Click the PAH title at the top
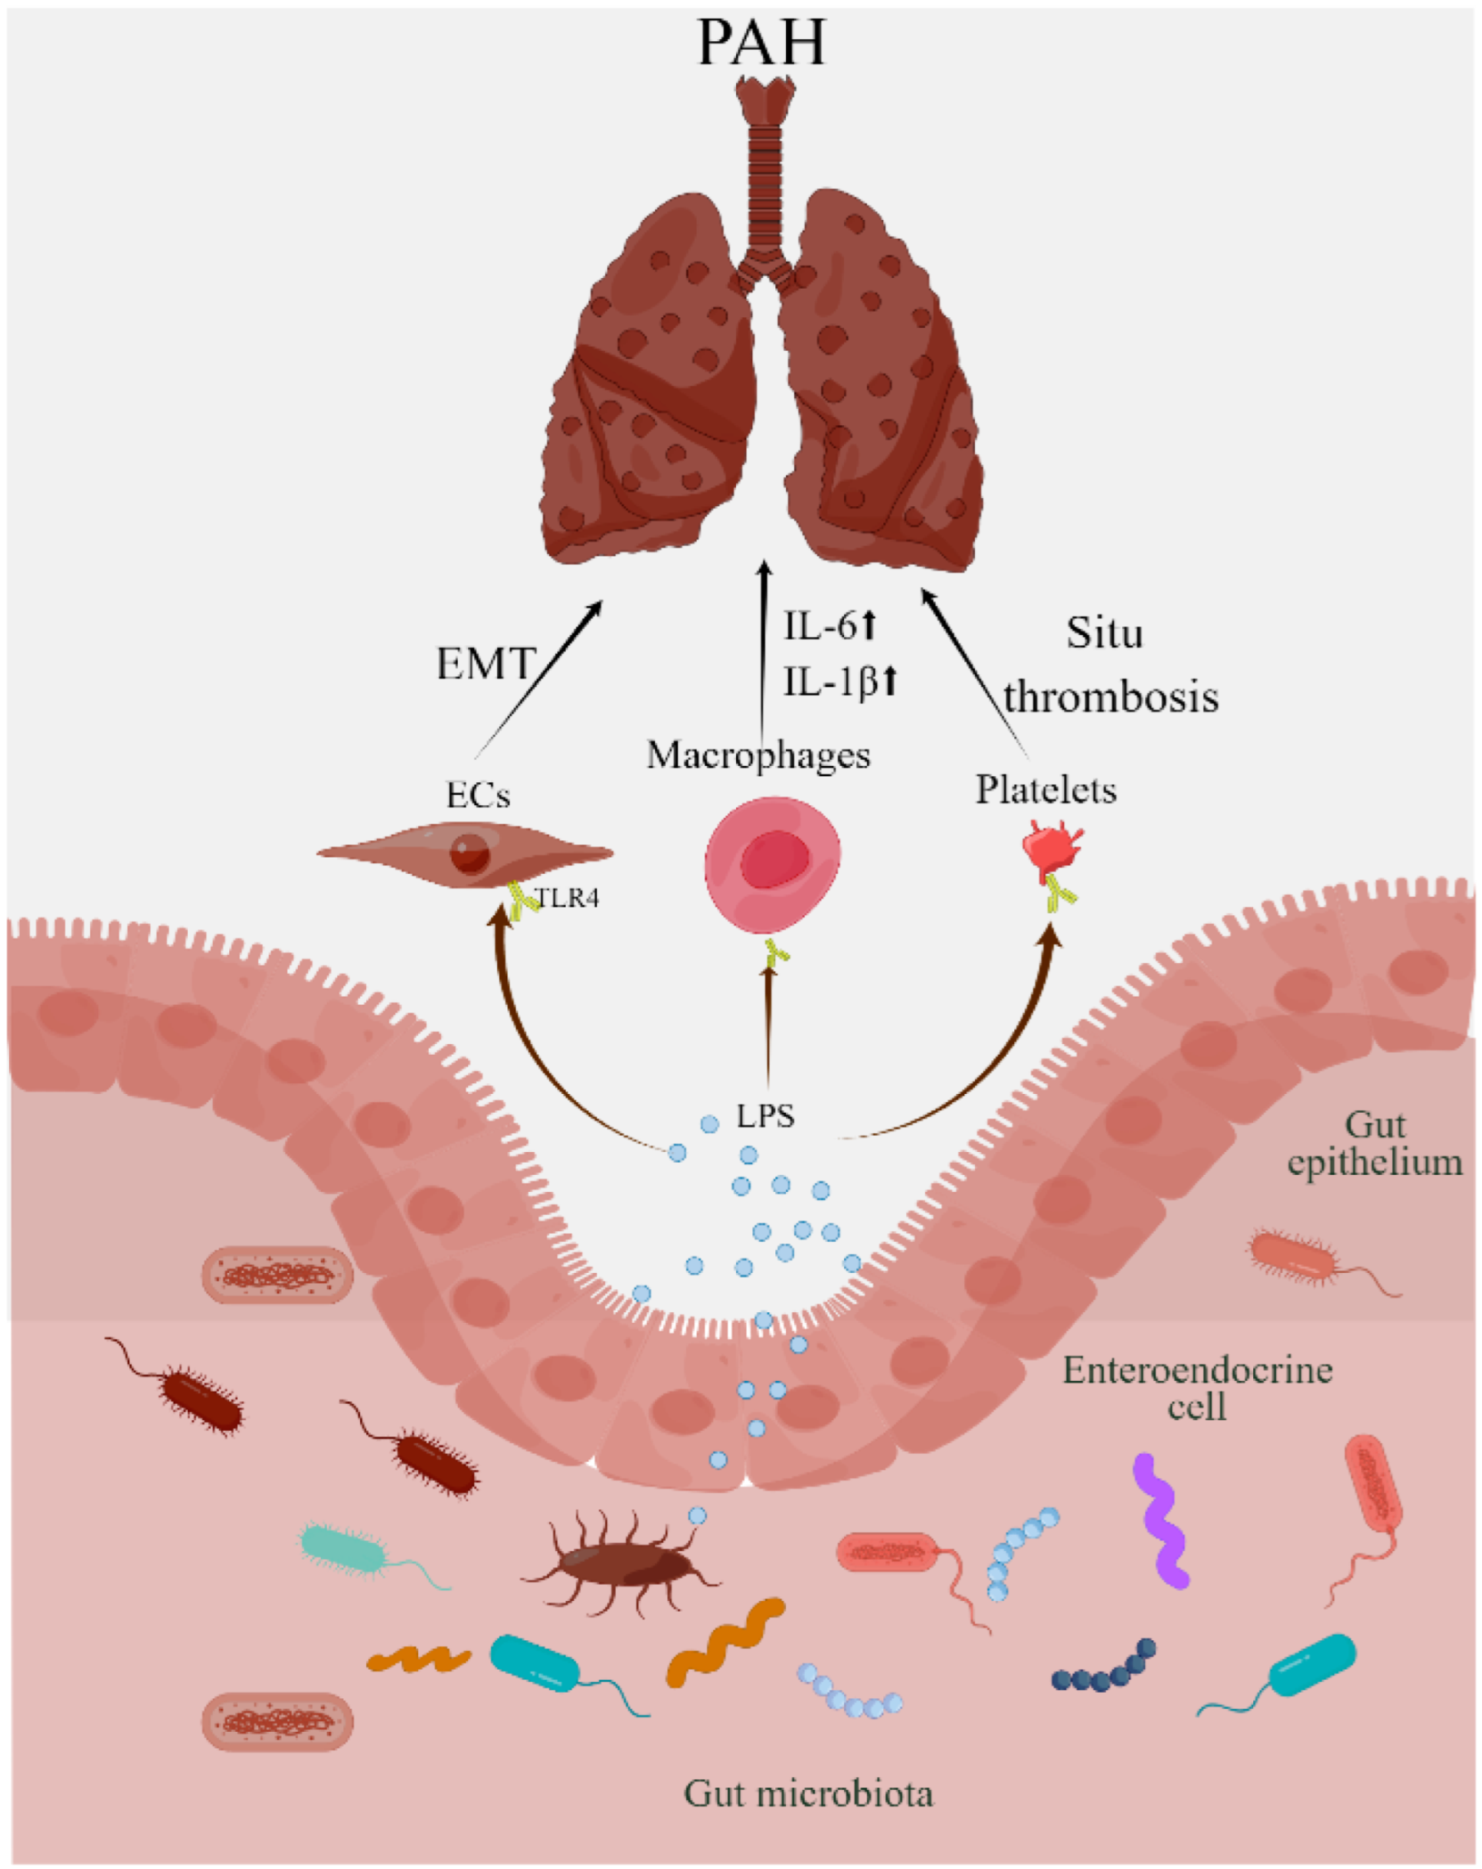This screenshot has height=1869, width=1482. pyautogui.click(x=761, y=43)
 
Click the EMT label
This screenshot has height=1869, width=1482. pyautogui.click(x=484, y=664)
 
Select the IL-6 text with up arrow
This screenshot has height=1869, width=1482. pyautogui.click(x=829, y=626)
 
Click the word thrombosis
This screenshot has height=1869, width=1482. pyautogui.click(x=1110, y=697)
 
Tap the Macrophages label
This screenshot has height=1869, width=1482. pyautogui.click(x=758, y=755)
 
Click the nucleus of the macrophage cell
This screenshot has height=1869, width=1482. pyautogui.click(x=774, y=859)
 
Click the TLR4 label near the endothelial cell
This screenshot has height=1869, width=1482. pyautogui.click(x=567, y=899)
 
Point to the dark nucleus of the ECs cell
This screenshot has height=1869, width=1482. pyautogui.click(x=471, y=853)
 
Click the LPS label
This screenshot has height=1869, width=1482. pyautogui.click(x=765, y=1116)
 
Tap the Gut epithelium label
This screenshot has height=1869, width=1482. pyautogui.click(x=1374, y=1144)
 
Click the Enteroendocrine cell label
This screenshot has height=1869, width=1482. pyautogui.click(x=1197, y=1387)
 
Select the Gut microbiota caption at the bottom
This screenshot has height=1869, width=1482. pyautogui.click(x=808, y=1794)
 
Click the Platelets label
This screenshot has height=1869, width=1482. pyautogui.click(x=1045, y=790)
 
